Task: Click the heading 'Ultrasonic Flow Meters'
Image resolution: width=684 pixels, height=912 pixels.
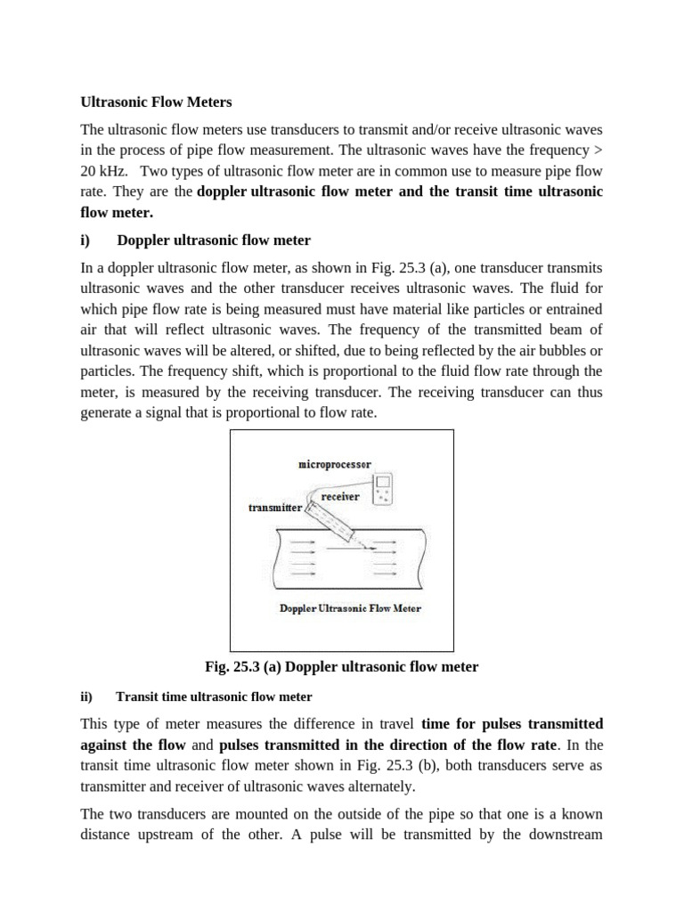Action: click(x=156, y=102)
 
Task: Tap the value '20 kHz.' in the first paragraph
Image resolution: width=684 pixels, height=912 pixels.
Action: click(x=105, y=171)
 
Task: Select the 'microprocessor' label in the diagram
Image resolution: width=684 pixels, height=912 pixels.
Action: click(x=334, y=465)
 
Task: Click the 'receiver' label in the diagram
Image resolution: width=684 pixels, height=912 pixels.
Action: click(x=340, y=496)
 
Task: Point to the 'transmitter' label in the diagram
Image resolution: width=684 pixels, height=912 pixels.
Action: click(x=275, y=507)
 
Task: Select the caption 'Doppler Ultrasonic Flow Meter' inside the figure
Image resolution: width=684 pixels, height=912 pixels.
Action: click(x=350, y=608)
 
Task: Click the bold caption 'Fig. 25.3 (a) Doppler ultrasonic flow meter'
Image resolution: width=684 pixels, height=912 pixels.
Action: click(x=342, y=666)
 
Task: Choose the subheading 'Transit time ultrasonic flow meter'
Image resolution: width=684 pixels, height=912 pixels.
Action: click(x=214, y=696)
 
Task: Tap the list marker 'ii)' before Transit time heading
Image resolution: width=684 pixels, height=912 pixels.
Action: click(x=86, y=696)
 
